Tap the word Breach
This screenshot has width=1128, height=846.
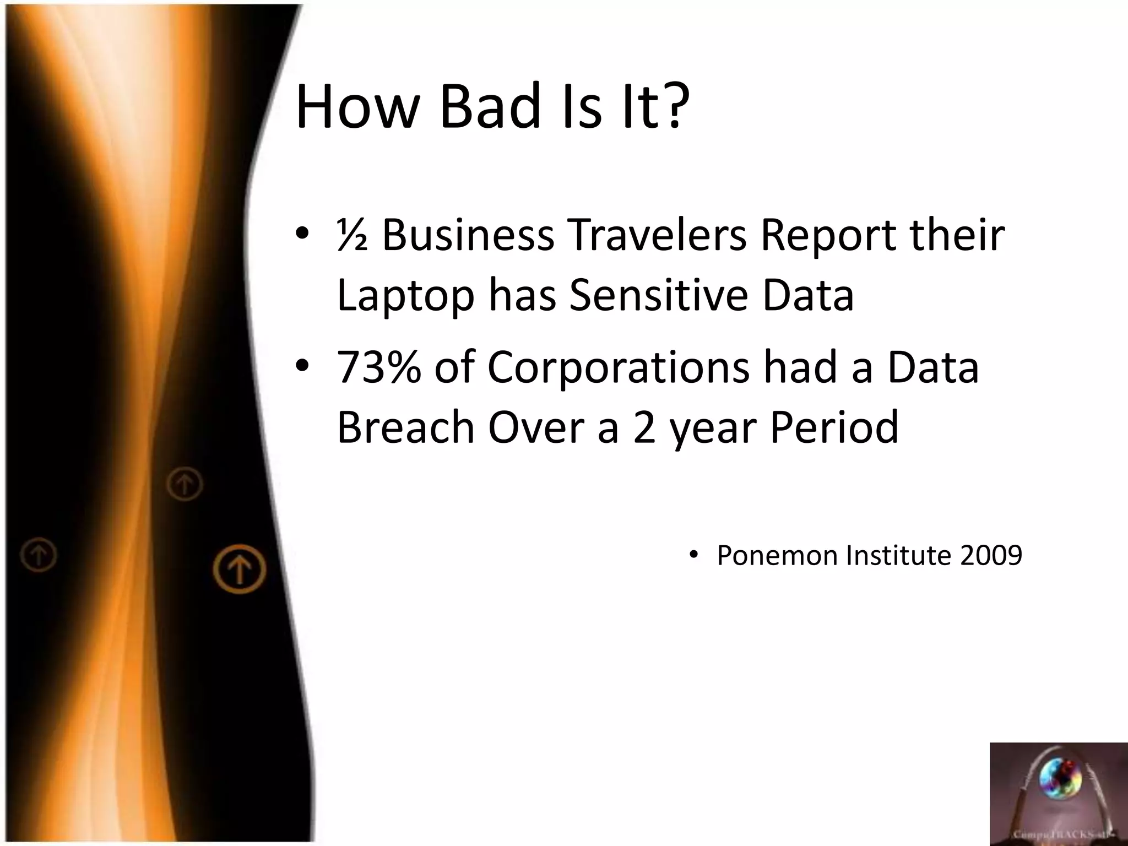click(x=405, y=427)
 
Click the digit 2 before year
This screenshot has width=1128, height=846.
click(x=644, y=428)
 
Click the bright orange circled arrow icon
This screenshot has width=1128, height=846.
click(x=240, y=569)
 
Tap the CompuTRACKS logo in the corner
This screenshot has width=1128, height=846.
click(x=1058, y=794)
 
